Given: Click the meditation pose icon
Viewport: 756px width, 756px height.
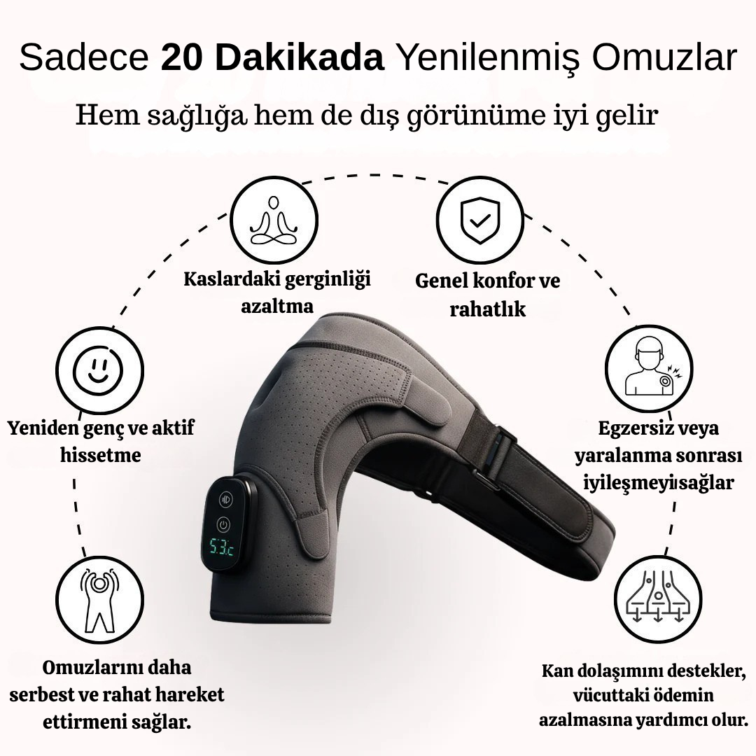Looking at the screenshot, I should coord(274,218).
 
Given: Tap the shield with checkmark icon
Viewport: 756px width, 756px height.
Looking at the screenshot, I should coord(479,218).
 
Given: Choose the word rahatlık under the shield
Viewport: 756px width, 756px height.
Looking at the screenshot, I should coord(487,309).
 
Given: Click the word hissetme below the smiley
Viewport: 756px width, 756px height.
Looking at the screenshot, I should coord(100,456).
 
